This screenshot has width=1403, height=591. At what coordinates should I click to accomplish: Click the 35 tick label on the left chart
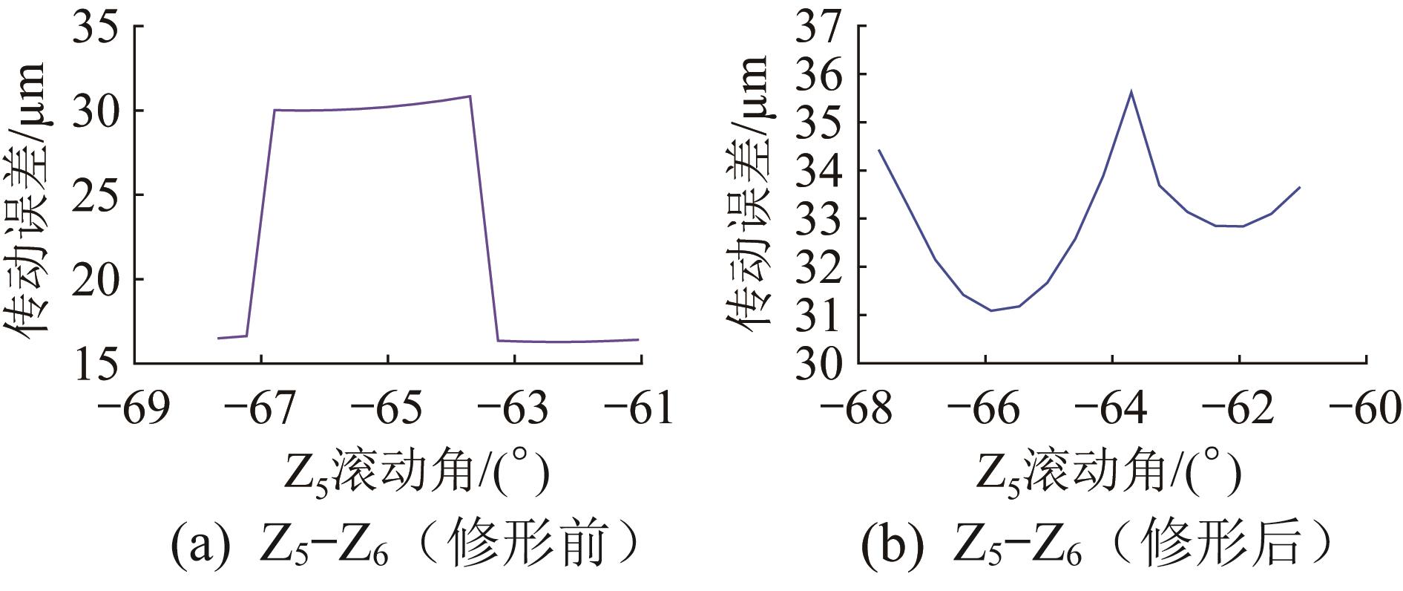pos(96,27)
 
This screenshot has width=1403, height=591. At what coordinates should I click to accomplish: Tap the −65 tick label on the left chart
pos(388,408)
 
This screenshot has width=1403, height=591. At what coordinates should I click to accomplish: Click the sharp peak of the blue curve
pos(1131,91)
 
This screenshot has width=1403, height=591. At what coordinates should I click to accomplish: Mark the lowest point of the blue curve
pos(991,310)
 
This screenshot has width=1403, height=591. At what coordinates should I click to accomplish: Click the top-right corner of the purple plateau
pos(470,96)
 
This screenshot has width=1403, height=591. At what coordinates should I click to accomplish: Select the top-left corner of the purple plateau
pos(275,110)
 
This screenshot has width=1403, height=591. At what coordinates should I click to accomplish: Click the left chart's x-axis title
pos(416,472)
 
